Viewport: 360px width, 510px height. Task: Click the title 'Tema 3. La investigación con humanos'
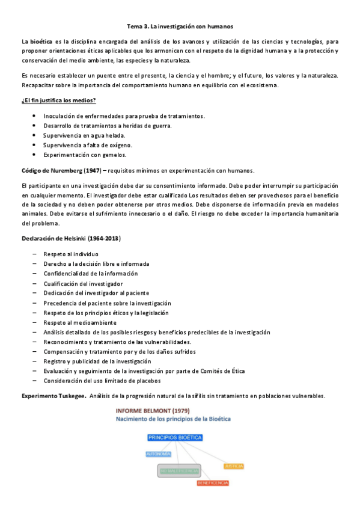point(180,27)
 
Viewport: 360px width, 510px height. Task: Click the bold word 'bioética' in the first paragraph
point(41,41)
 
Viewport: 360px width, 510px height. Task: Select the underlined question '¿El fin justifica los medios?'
point(58,99)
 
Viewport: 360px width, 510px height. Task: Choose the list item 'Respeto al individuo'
point(70,254)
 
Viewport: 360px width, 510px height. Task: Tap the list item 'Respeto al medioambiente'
point(79,322)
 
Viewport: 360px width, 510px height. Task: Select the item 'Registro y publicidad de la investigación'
point(97,361)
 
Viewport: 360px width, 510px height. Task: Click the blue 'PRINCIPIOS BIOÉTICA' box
point(174,438)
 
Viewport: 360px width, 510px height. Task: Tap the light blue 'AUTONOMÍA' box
point(159,454)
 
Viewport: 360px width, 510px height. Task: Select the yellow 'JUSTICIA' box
point(233,466)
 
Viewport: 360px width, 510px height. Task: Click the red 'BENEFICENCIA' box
point(213,483)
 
